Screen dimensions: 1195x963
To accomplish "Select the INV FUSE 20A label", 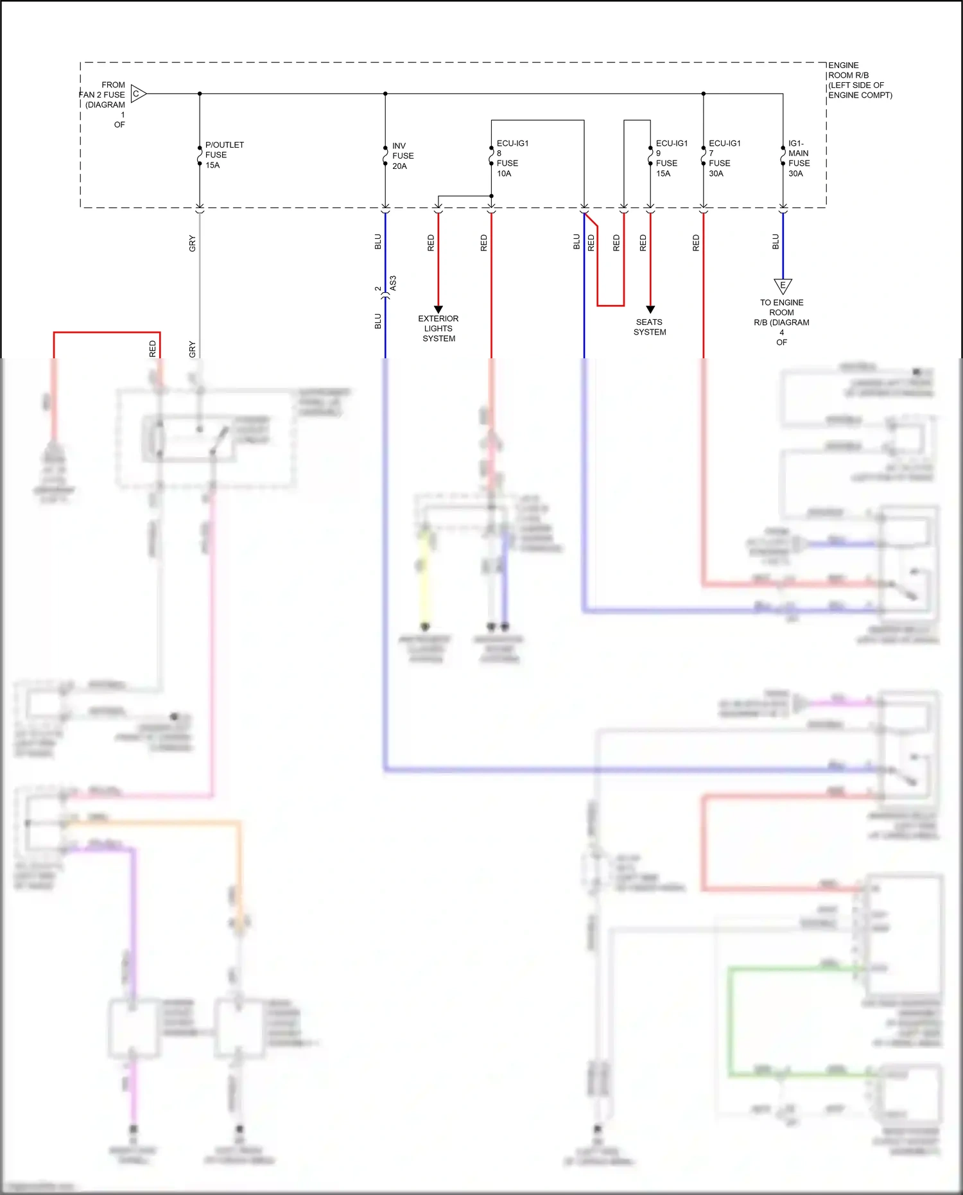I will (403, 156).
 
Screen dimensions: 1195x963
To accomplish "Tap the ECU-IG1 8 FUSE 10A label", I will (512, 159).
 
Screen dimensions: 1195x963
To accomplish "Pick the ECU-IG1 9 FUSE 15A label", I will (671, 159).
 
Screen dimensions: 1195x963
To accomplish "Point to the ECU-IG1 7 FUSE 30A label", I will (724, 159).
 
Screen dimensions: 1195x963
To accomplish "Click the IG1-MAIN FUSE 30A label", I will (799, 159).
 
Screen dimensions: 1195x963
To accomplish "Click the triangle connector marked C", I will (138, 94).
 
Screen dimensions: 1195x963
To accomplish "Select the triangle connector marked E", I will (783, 285).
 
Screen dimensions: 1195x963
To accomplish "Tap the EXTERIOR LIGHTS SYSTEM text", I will (438, 328).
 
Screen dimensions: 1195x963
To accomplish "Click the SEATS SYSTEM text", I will (650, 327).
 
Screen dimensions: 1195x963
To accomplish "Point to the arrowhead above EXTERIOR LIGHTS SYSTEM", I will (438, 309).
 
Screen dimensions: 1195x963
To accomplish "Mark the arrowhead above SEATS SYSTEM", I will (650, 309).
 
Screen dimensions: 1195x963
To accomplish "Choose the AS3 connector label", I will (393, 283).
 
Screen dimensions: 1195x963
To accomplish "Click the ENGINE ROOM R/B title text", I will (859, 80).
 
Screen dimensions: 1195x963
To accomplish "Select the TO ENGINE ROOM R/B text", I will (781, 322).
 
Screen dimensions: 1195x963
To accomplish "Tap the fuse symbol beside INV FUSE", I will (385, 156).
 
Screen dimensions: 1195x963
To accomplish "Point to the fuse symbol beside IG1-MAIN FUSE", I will (783, 156).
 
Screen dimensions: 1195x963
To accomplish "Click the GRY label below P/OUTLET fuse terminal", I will (192, 243).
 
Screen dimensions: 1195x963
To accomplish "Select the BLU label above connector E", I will (776, 242).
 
